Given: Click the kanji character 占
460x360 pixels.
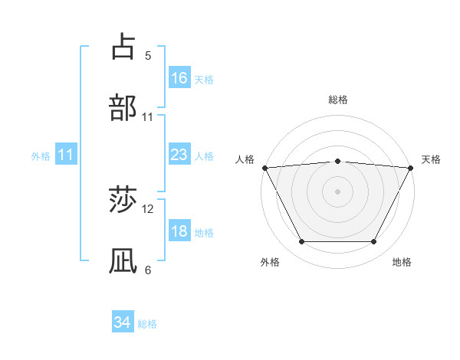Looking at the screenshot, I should point(123,47).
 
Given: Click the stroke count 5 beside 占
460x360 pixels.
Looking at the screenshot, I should point(148,56).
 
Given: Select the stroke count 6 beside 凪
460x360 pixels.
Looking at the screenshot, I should point(148,270).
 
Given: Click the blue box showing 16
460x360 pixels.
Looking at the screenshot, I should point(179,78).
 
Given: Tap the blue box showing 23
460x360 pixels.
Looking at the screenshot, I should point(179,155).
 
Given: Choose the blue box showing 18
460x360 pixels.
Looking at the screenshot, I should point(179,231).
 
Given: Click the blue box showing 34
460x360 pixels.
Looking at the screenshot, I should point(122,322).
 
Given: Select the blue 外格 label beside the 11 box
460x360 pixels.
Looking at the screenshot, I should point(41,155).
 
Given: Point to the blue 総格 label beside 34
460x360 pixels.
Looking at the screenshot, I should point(147,324).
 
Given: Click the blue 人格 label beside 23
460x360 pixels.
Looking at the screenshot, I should point(204,155).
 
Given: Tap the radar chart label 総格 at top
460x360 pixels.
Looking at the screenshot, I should point(337,100).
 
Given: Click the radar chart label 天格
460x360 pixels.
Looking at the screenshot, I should point(431,159).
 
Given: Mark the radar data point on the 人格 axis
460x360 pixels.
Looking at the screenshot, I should point(264,167).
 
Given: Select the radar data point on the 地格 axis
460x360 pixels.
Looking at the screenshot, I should point(373,242).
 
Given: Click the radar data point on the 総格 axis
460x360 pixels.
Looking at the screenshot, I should point(337,161).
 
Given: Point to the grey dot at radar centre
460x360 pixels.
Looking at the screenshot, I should point(337,191).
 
